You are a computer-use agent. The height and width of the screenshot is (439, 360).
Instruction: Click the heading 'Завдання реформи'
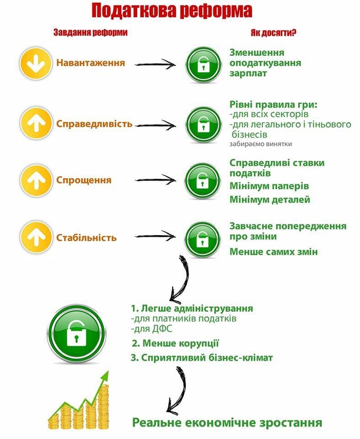90,32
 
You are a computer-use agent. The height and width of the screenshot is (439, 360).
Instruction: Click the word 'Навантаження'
91,62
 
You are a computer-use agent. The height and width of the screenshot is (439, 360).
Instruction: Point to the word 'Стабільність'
86,237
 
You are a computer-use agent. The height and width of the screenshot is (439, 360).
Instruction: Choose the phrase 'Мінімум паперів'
270,186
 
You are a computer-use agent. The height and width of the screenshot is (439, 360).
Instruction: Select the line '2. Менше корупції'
175,344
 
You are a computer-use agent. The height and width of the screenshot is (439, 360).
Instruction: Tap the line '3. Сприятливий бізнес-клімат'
202,358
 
